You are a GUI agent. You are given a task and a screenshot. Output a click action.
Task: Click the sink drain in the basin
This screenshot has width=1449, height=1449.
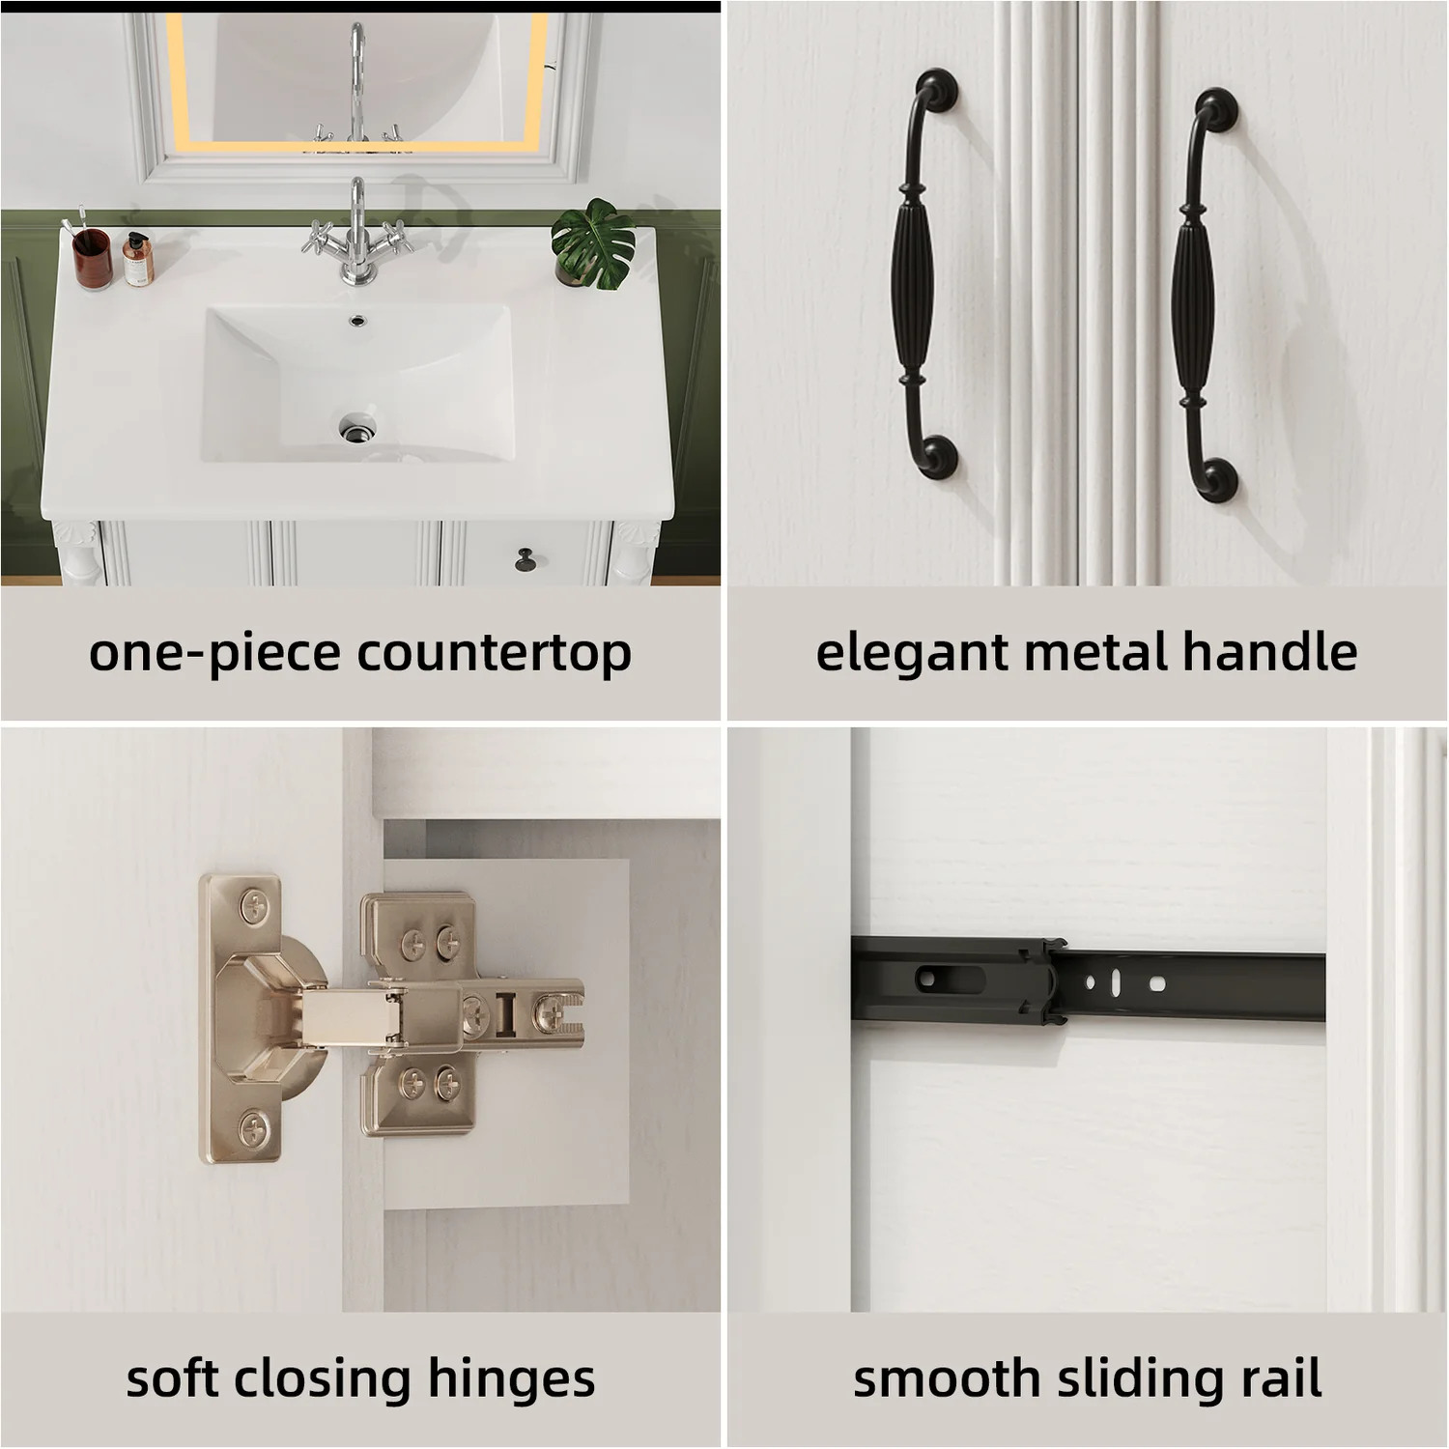356,427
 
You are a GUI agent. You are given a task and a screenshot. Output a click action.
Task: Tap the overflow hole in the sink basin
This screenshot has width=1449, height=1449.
358,318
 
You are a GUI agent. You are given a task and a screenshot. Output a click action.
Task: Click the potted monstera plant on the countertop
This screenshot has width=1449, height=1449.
592,244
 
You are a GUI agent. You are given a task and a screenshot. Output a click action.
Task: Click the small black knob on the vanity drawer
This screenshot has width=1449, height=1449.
526,558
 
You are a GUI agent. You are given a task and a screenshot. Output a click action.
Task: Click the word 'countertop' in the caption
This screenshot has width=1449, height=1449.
495,654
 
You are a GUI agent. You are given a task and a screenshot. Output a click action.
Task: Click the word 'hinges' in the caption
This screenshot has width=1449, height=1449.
511,1379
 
